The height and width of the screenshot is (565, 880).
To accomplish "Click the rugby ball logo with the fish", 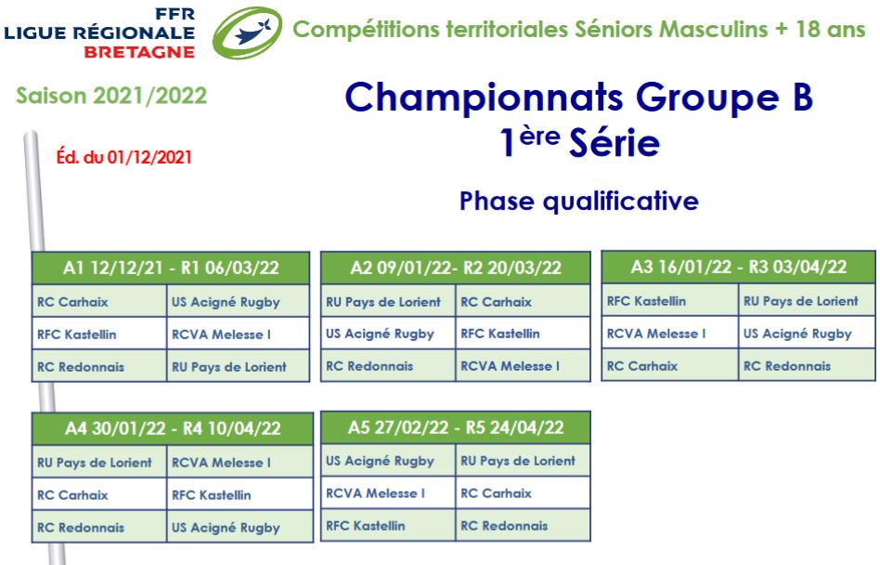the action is click(247, 33).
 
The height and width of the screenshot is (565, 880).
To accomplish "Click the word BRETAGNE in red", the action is click(139, 52).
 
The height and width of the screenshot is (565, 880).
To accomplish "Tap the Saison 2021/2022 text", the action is click(111, 96).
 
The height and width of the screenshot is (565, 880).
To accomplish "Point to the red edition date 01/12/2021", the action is click(149, 157).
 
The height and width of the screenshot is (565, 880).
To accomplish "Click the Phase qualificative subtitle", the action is click(578, 201).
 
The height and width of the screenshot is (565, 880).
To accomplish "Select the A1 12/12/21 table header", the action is click(171, 268).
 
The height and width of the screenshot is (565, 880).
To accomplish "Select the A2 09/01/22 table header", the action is click(456, 268).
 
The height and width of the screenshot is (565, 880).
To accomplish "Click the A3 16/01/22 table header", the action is click(739, 267).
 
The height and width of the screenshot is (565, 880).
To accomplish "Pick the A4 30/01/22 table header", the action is click(173, 428).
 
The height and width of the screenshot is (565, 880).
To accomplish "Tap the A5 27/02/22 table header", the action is click(456, 427).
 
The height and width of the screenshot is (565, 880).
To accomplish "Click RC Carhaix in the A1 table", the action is click(72, 302).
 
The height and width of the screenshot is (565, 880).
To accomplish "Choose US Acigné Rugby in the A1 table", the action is click(226, 302).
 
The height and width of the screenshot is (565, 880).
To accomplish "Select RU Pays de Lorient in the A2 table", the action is click(383, 302).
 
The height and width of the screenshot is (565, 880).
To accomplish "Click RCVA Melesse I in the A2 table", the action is click(511, 366).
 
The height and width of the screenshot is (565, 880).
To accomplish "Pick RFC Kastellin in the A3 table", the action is click(646, 301).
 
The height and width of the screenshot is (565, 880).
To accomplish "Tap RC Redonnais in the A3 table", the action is click(787, 366).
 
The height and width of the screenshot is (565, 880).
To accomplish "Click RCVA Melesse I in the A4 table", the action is click(221, 463).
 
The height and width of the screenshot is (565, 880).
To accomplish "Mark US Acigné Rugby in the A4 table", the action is click(226, 528).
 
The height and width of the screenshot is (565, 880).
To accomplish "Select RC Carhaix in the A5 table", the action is click(496, 493).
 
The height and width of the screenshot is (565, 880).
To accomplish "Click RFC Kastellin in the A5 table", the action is click(366, 526).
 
